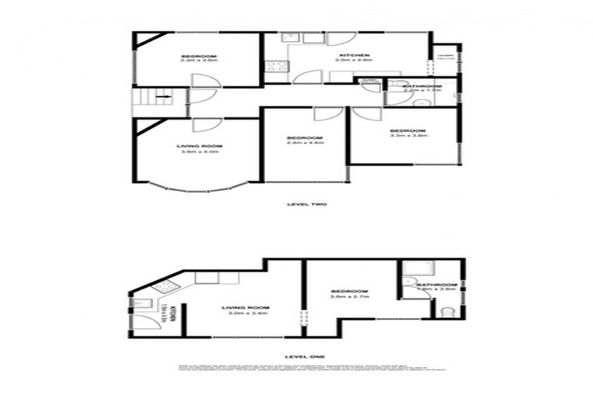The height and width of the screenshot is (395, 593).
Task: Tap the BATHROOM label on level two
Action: (422, 86)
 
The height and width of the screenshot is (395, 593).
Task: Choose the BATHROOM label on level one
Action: (437, 286)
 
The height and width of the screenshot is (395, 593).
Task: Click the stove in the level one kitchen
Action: (164, 289)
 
